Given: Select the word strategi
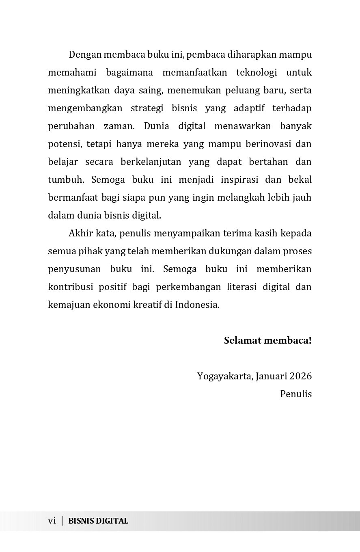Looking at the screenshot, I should [149, 108].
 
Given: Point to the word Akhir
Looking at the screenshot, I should [80, 234].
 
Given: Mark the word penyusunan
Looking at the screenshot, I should [73, 269].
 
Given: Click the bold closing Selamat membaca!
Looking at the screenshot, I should [267, 340].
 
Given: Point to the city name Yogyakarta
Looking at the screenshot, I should [225, 376].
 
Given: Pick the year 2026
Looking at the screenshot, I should [300, 376].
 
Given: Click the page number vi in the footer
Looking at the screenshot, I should [52, 521].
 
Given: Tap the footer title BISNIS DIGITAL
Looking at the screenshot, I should [98, 521].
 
